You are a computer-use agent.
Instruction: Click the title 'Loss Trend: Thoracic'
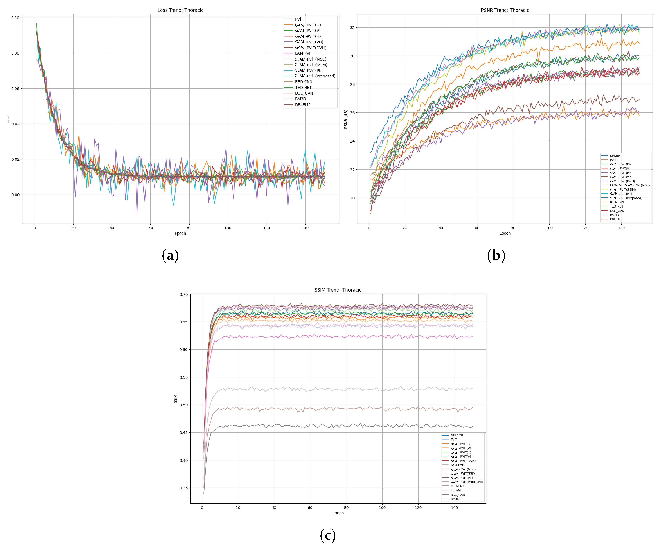click(x=180, y=10)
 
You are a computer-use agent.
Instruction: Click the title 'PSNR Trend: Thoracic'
click(x=505, y=10)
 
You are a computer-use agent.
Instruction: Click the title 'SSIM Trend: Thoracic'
click(x=338, y=290)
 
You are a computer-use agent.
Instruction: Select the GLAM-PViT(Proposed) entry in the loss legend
click(x=315, y=76)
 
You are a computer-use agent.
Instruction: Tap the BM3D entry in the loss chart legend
click(x=300, y=99)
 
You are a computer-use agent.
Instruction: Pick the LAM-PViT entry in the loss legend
click(x=303, y=53)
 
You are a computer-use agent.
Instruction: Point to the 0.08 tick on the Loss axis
click(x=15, y=53)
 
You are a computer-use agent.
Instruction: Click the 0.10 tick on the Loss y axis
click(x=15, y=18)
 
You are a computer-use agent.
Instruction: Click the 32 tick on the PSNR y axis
click(x=352, y=28)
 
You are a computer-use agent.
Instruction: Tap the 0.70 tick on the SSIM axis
click(x=184, y=294)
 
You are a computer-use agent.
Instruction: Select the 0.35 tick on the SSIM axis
click(x=184, y=488)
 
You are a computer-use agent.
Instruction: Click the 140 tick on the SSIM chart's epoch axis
click(x=454, y=508)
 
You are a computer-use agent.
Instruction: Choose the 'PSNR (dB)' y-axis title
click(x=346, y=119)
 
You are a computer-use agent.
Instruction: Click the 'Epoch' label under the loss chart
click(x=180, y=233)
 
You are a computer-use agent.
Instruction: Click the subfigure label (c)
click(x=328, y=535)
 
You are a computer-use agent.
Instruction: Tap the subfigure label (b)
click(x=496, y=255)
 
